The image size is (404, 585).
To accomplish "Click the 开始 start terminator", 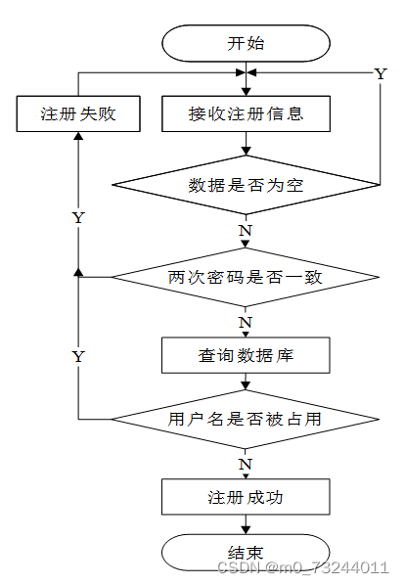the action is click(x=246, y=43).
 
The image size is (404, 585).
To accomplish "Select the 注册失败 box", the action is click(x=78, y=113).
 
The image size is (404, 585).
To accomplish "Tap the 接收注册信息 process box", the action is click(x=246, y=113).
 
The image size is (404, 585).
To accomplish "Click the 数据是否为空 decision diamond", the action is click(x=246, y=185).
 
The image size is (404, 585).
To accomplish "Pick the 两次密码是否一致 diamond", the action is click(x=246, y=277).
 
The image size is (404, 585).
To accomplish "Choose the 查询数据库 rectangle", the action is click(x=246, y=355).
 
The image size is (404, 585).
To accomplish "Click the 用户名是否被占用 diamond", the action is click(x=246, y=419).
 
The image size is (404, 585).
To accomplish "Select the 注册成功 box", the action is click(x=246, y=497).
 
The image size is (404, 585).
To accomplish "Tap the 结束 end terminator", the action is click(x=246, y=553).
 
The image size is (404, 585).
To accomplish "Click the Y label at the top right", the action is click(x=381, y=74).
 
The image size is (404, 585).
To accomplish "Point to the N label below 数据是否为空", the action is click(x=246, y=231).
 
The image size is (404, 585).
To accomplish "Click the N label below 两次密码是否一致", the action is click(x=246, y=323).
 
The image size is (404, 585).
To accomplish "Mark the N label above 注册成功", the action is click(x=246, y=465).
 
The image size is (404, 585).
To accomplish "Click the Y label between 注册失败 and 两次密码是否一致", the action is click(x=78, y=218).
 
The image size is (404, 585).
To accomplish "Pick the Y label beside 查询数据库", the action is click(x=78, y=357).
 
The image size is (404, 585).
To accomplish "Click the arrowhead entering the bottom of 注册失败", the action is click(x=78, y=136).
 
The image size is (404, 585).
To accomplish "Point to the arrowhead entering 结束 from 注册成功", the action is click(x=246, y=530).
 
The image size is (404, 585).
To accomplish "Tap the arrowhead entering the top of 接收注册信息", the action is click(x=246, y=92).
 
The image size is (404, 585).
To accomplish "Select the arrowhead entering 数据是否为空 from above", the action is click(x=246, y=151).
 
